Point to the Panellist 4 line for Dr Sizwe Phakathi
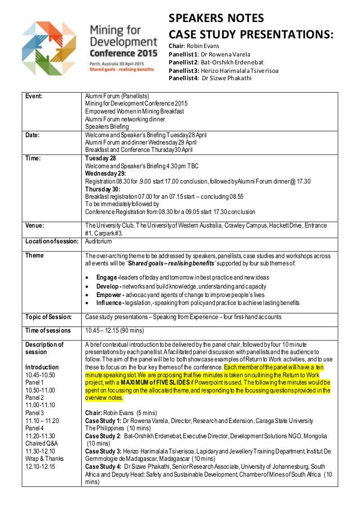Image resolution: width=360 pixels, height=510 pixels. [x=210, y=78]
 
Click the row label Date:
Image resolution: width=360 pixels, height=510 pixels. [x=32, y=136]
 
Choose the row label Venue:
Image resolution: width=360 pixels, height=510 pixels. [x=34, y=225]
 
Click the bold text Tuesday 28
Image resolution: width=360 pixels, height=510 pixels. [x=99, y=159]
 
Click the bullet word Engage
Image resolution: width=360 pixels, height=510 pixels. [x=106, y=277]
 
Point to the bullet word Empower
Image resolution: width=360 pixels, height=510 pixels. [x=108, y=294]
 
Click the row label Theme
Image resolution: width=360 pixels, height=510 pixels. [x=33, y=255]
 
